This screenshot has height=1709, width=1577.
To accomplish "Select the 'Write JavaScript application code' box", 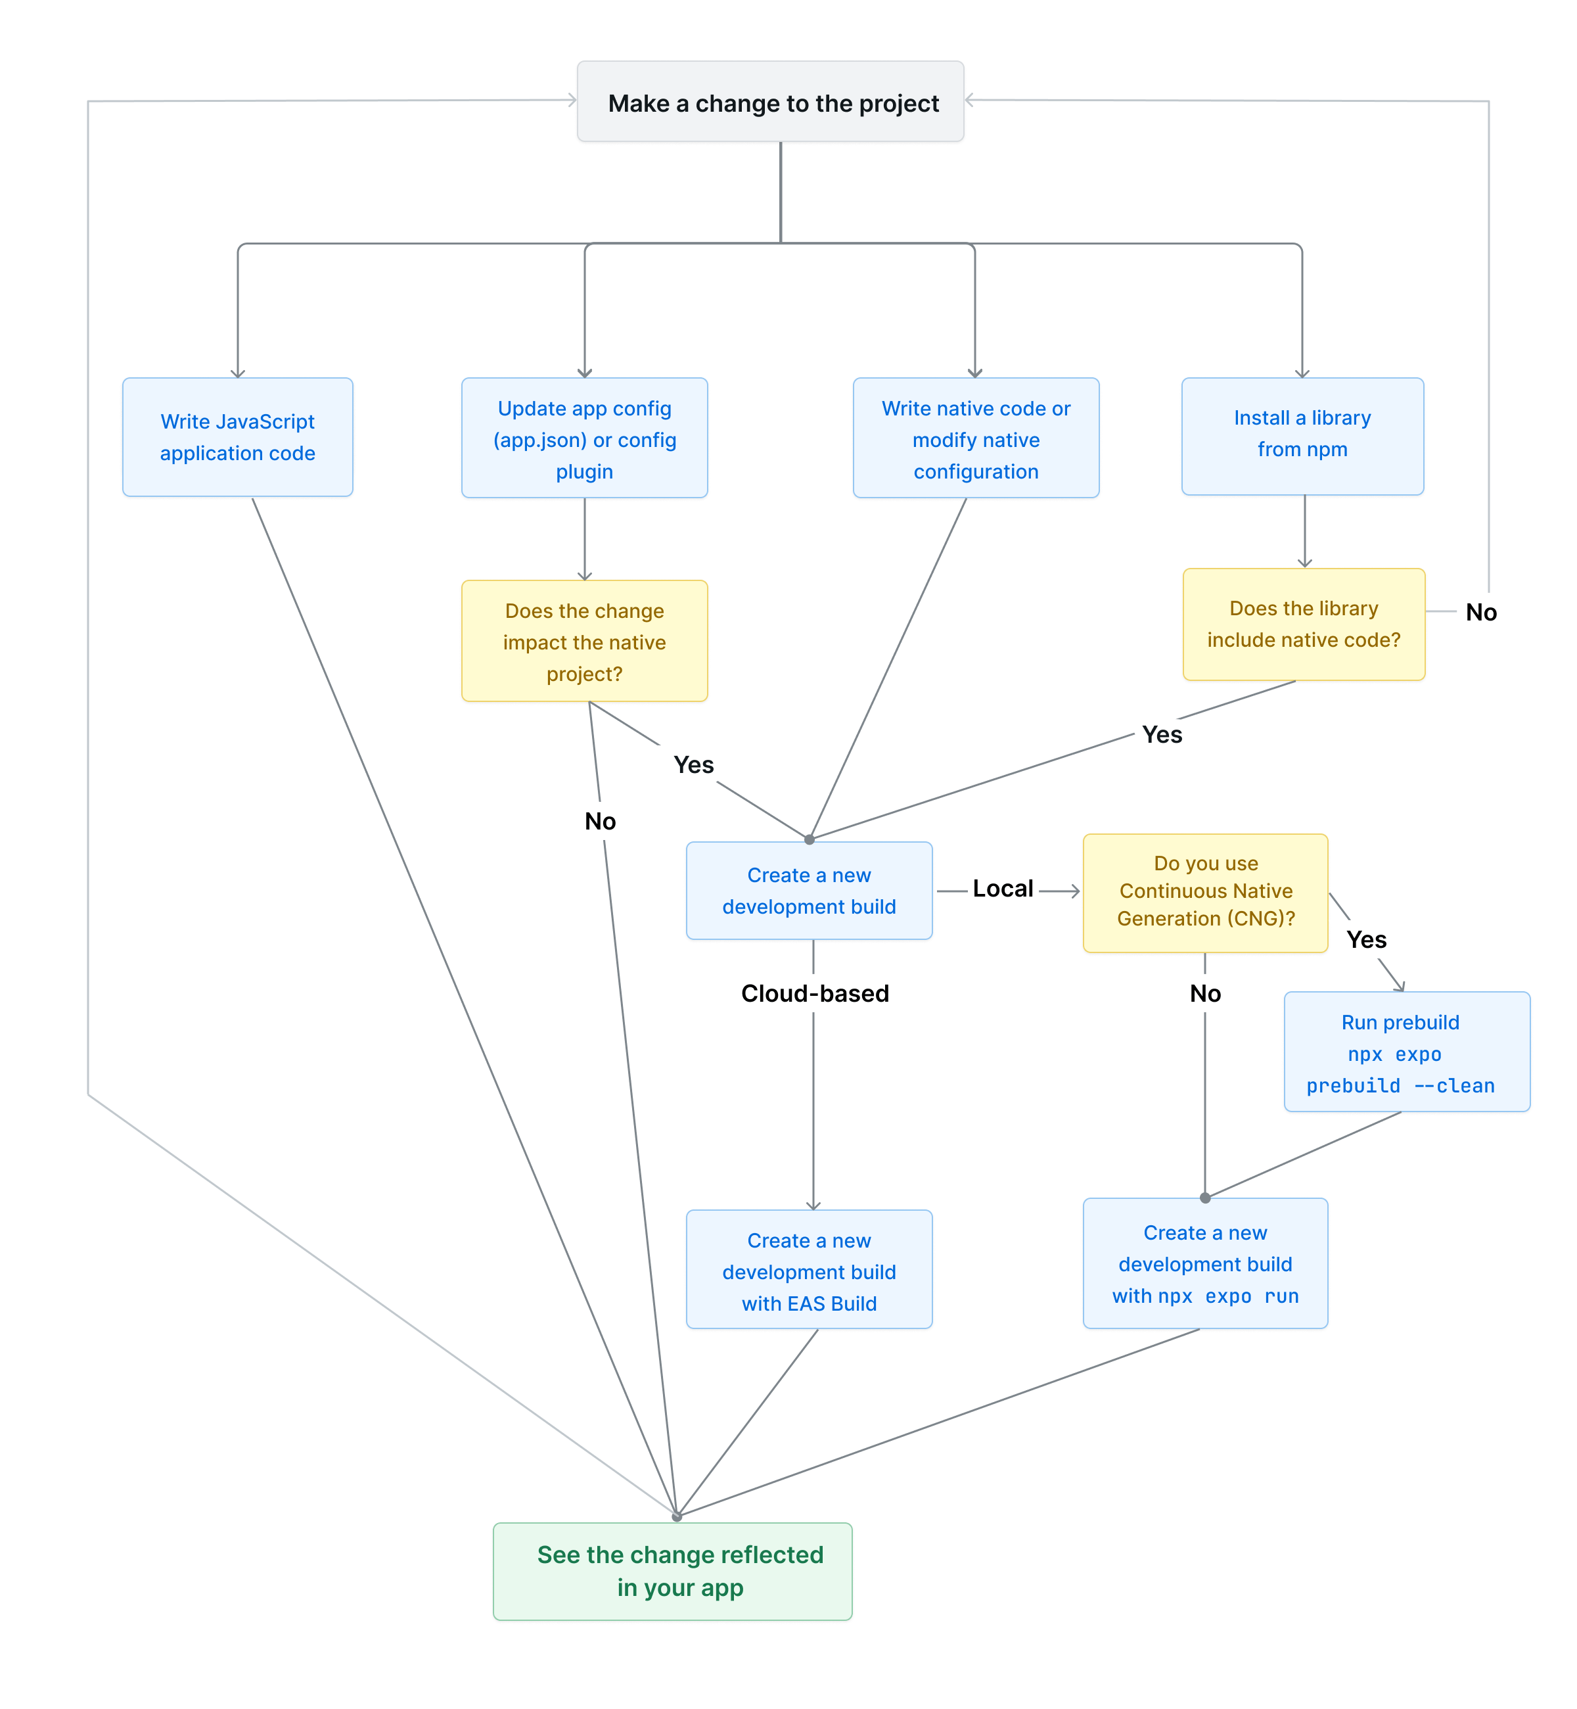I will [x=237, y=437].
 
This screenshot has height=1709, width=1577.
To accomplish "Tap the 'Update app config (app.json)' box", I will [x=585, y=438].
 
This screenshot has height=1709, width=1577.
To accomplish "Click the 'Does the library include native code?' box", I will [x=1303, y=624].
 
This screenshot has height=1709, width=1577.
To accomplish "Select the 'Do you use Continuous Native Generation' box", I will [x=1205, y=893].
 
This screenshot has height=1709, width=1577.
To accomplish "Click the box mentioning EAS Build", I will [x=809, y=1269].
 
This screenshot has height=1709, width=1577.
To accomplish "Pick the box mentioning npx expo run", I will [x=1205, y=1263].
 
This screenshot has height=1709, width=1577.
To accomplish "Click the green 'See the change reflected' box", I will [x=672, y=1572].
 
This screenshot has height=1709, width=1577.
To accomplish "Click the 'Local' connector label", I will [x=1003, y=889].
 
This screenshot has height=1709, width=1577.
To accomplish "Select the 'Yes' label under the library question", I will [x=1162, y=735].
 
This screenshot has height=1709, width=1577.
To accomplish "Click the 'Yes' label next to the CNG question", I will [x=1366, y=940].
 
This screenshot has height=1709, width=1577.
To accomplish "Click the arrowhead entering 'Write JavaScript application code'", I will [x=238, y=373].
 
